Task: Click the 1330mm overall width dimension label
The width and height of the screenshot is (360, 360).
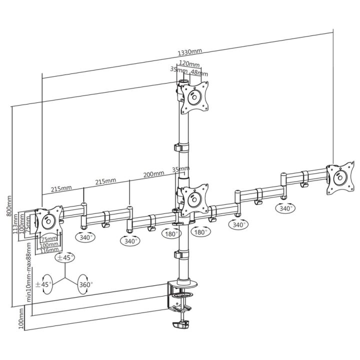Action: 190,52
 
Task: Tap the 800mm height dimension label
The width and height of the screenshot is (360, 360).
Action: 9,205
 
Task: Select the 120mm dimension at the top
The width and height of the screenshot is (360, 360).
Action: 189,63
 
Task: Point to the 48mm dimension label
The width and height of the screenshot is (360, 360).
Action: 199,73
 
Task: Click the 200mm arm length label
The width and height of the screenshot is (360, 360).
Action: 153,174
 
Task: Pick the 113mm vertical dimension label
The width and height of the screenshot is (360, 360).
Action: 15,223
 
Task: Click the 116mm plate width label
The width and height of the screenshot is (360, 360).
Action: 49,250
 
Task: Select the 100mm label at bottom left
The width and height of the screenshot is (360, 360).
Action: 21,318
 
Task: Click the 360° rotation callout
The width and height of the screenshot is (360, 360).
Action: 85,284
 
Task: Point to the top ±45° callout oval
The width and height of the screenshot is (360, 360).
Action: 65,257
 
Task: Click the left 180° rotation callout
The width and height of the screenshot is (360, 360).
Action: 171,233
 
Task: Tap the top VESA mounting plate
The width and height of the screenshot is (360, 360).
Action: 194,97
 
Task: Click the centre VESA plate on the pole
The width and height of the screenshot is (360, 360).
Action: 194,200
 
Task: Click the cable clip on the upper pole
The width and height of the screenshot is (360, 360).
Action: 181,147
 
